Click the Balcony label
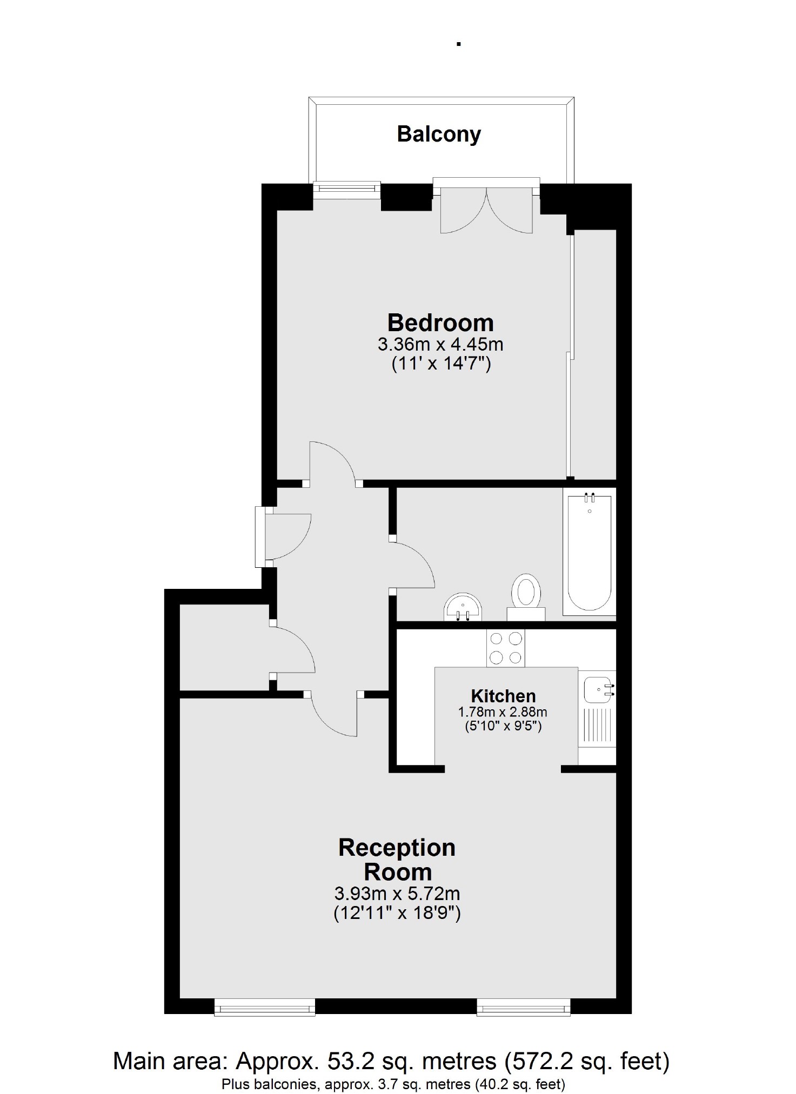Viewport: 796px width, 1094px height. (438, 134)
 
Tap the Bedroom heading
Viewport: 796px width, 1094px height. (440, 323)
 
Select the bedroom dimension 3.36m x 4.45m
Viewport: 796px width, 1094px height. (440, 344)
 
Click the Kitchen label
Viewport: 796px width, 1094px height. (503, 696)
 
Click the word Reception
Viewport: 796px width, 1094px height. (397, 848)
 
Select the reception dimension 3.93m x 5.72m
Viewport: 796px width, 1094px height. (397, 893)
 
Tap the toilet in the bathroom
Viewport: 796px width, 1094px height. (526, 594)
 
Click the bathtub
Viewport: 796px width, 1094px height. (589, 551)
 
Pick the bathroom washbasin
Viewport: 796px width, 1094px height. (463, 608)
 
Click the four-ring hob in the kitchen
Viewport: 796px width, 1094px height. (505, 648)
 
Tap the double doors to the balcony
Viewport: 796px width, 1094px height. (486, 208)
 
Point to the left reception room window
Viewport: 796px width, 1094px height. (264, 1007)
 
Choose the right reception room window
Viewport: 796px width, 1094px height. (523, 1007)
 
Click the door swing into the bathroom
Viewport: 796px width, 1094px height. (413, 565)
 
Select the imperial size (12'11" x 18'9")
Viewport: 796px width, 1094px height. (397, 914)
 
